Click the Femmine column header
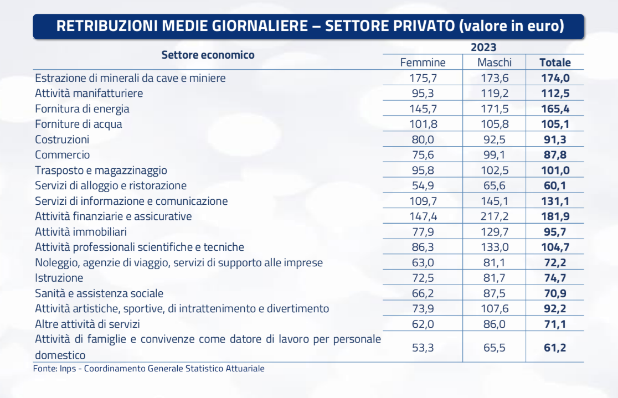click(x=423, y=62)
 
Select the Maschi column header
click(x=495, y=62)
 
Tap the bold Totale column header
click(x=555, y=62)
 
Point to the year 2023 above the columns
click(x=483, y=47)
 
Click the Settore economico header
click(x=208, y=55)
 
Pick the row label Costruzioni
click(x=62, y=139)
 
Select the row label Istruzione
click(x=59, y=278)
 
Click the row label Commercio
click(x=62, y=155)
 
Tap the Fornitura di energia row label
click(x=82, y=108)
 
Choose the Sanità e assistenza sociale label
click(x=99, y=293)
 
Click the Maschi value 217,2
click(x=495, y=216)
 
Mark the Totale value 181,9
click(x=555, y=216)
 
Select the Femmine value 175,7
click(x=423, y=78)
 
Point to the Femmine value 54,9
click(x=423, y=185)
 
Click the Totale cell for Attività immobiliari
click(x=555, y=232)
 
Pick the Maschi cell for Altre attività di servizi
click(x=495, y=324)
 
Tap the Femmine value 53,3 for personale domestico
click(x=423, y=348)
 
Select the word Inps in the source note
click(x=68, y=369)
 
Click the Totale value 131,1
click(x=555, y=201)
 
